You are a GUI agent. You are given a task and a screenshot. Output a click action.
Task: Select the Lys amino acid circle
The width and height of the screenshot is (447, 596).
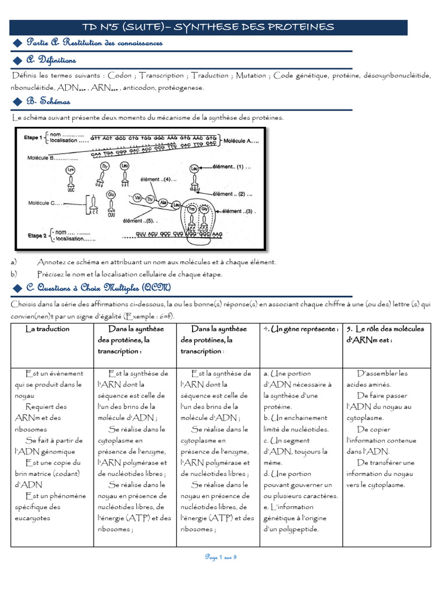click(x=71, y=170)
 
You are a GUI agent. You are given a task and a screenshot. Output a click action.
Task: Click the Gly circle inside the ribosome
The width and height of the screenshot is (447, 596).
click(x=204, y=208)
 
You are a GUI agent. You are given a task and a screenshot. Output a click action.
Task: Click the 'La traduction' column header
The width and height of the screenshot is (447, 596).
click(x=48, y=329)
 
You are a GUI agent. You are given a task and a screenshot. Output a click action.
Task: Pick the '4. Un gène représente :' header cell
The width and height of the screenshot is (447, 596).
click(x=300, y=329)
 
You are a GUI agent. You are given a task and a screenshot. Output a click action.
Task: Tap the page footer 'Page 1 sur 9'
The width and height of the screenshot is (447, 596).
click(x=221, y=557)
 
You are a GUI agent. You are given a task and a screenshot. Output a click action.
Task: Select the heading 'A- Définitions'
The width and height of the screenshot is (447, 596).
click(x=51, y=60)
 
